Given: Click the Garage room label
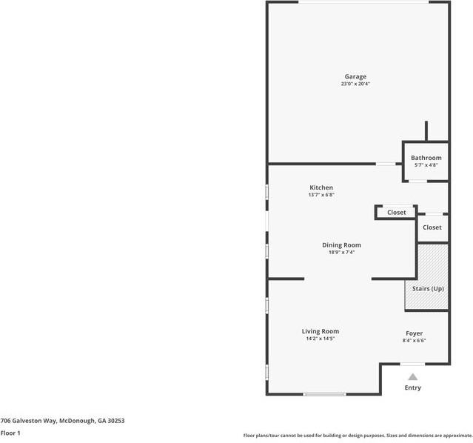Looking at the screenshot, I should (x=355, y=76).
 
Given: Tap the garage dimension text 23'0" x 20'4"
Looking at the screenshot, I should (x=355, y=84).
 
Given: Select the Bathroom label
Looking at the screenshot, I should (x=426, y=158).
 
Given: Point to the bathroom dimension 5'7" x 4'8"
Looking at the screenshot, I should (x=426, y=165).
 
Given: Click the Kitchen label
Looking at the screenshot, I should (x=321, y=187).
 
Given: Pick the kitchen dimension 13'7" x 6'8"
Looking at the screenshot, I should (x=321, y=195).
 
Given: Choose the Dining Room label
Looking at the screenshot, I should (x=341, y=244).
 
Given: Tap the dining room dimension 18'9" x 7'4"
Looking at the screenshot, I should (x=341, y=252).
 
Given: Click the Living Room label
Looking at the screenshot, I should (x=321, y=331).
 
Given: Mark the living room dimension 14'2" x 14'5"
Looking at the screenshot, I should (x=321, y=339).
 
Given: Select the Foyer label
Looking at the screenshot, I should (x=414, y=333).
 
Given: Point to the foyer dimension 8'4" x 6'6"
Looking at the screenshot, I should (x=414, y=341).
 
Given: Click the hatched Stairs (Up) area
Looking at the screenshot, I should (x=426, y=277).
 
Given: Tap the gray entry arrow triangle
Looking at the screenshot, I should (x=412, y=376).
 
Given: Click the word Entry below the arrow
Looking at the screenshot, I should (x=412, y=387).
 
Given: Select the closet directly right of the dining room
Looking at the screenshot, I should (x=396, y=213).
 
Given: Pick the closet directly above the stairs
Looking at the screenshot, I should (x=432, y=227).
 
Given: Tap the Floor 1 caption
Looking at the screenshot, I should (x=10, y=433).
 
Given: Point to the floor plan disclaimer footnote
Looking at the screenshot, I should (x=358, y=436).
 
